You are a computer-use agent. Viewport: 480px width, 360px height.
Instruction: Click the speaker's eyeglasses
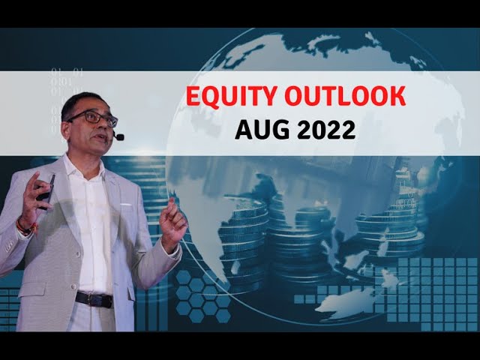pyautogui.click(x=93, y=118)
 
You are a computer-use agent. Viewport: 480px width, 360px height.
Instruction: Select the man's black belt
pyautogui.click(x=94, y=298)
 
